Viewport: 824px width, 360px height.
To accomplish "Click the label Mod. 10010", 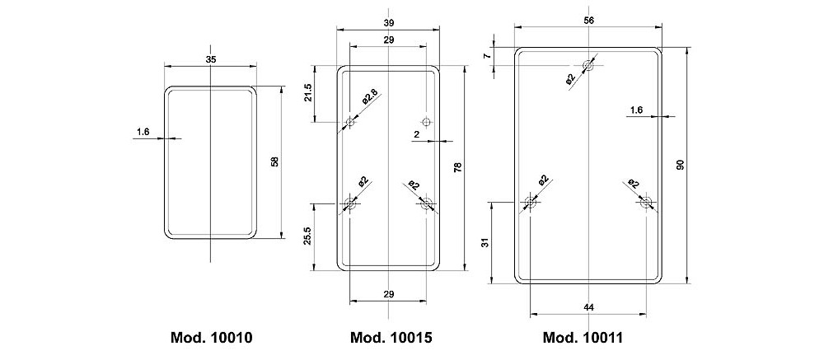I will click(211, 338).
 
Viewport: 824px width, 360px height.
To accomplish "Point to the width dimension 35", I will click(211, 59).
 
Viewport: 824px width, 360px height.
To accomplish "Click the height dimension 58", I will click(275, 161).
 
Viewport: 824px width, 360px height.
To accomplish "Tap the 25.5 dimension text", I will click(308, 236).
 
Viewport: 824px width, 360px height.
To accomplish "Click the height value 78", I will click(458, 168).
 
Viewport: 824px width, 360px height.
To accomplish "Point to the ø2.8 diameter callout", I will click(369, 97).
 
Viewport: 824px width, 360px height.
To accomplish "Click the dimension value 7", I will click(487, 55).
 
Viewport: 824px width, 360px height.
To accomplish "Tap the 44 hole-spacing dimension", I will click(588, 307).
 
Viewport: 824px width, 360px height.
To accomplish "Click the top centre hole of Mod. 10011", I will click(588, 65).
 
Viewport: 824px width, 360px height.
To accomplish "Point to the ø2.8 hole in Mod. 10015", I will click(349, 122).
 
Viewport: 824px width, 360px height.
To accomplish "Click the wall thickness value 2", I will click(417, 133).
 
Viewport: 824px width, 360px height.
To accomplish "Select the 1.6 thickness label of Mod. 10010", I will click(143, 131).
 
